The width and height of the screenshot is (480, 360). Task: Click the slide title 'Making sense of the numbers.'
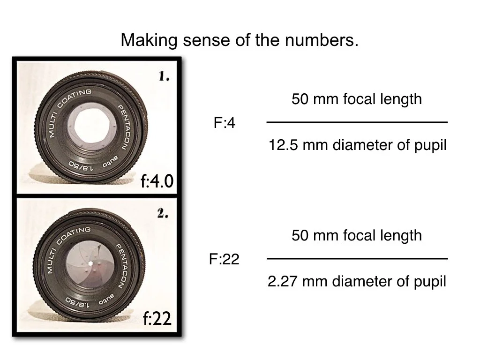tap(240, 40)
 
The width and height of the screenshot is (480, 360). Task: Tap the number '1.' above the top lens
tap(164, 77)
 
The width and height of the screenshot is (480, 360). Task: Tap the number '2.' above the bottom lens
tap(163, 214)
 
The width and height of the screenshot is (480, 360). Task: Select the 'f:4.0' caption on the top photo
tap(157, 181)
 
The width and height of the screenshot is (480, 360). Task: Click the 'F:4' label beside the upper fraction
tap(225, 123)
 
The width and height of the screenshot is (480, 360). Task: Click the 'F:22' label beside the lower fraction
tap(224, 259)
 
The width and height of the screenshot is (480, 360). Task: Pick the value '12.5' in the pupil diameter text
tap(284, 145)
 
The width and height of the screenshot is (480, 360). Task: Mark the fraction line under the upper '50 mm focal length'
tap(357, 122)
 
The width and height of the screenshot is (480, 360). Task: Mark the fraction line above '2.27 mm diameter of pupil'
tap(357, 258)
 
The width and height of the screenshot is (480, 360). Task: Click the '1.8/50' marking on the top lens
tap(81, 166)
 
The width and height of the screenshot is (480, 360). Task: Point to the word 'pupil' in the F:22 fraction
tap(430, 281)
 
